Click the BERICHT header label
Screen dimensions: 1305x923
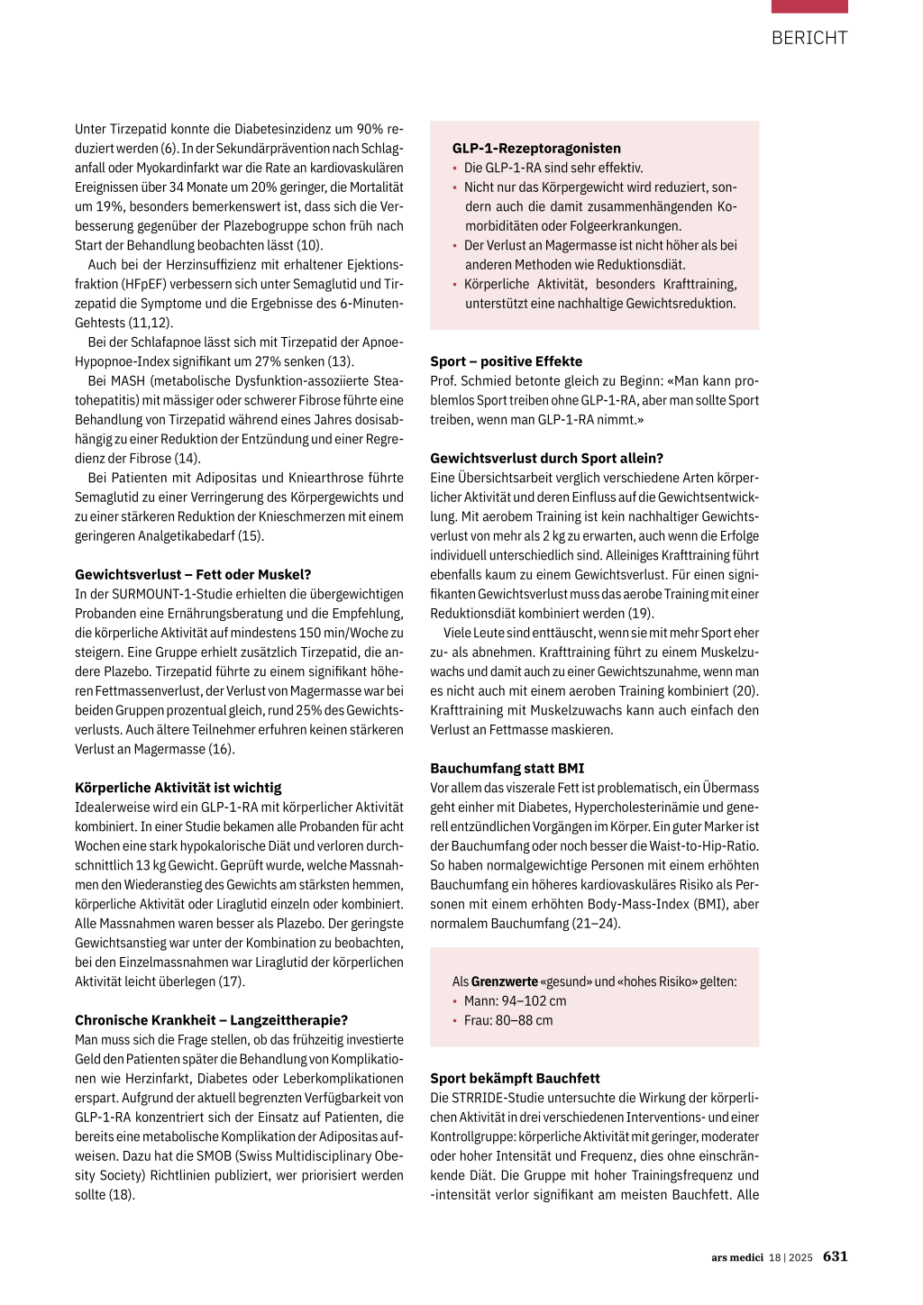pos(809,38)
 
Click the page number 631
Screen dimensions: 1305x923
pos(835,1256)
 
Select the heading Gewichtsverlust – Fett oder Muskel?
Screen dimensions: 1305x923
pos(193,574)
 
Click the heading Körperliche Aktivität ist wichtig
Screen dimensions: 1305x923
pos(178,787)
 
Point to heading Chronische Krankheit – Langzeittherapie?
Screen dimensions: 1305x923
pos(211,1020)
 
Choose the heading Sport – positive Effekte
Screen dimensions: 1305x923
pos(506,361)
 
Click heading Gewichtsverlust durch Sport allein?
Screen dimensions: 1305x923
pos(546,458)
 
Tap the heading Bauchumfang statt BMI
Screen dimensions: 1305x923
pos(507,768)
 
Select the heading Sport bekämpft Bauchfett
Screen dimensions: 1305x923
pos(515,1078)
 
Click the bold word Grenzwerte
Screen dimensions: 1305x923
pos(504,981)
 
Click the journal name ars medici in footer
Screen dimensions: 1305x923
pos(736,1257)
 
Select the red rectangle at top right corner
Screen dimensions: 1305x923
pos(809,6)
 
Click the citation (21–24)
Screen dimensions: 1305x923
pos(596,924)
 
